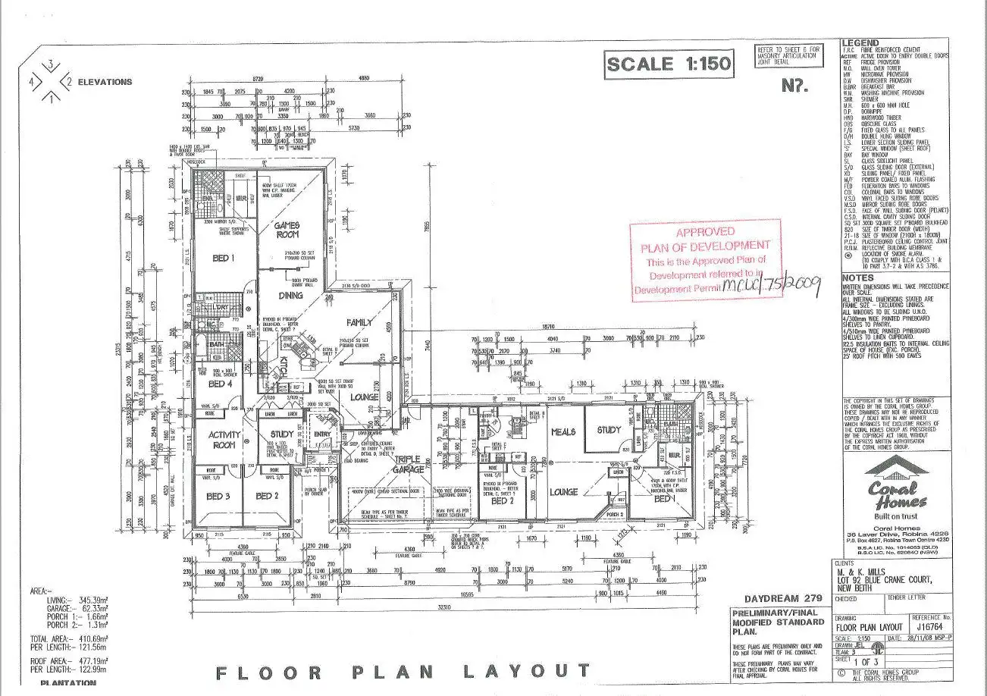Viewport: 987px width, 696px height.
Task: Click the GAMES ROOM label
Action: (x=287, y=230)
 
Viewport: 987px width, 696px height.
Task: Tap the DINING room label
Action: (x=290, y=295)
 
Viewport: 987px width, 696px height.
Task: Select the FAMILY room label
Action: (x=359, y=322)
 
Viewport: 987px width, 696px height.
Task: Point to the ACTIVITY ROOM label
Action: (x=224, y=440)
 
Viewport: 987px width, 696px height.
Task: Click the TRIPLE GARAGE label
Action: (x=407, y=464)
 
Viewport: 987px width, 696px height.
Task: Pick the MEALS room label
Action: (x=563, y=431)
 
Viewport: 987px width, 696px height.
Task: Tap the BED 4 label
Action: (x=221, y=384)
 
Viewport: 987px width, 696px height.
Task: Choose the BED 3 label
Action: (x=218, y=496)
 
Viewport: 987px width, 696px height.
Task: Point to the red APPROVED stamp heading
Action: (x=705, y=231)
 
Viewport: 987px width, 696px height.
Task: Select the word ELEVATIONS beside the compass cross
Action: (x=105, y=82)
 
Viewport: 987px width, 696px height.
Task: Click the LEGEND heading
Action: (x=860, y=43)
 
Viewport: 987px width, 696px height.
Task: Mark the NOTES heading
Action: (x=859, y=277)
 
